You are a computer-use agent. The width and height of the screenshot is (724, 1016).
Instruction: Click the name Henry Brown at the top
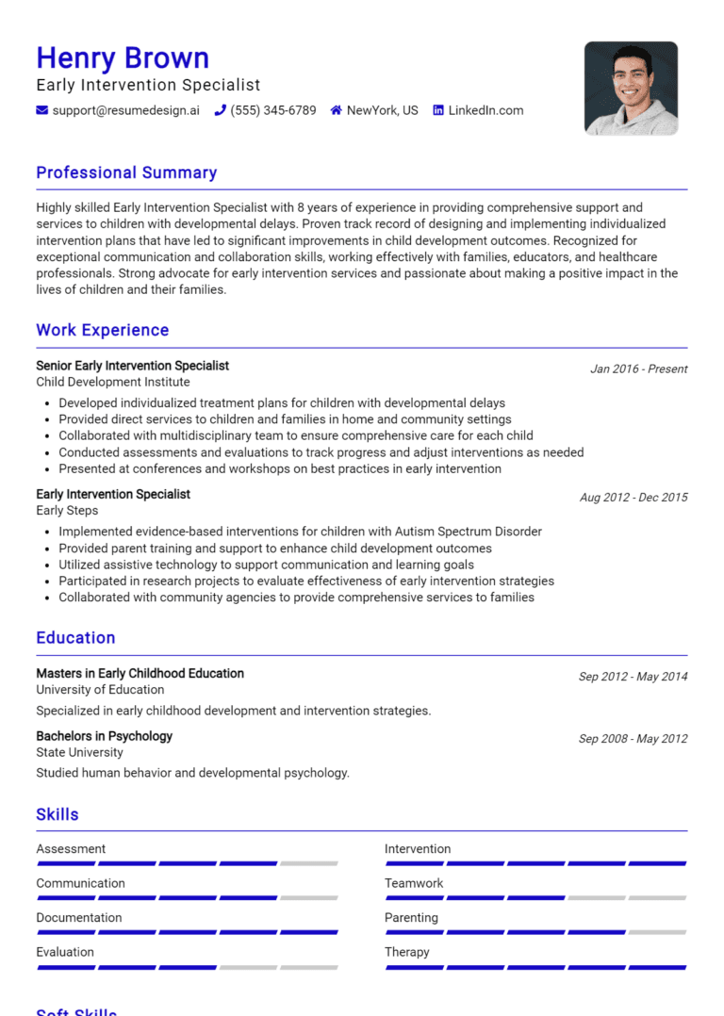point(123,58)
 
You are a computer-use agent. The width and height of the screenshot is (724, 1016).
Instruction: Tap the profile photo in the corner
point(631,88)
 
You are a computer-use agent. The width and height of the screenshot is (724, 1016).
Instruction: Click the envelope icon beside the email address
point(42,110)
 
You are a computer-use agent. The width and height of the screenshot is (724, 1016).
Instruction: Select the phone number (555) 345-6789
point(273,110)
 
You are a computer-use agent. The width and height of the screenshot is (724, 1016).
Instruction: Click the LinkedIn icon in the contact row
point(438,110)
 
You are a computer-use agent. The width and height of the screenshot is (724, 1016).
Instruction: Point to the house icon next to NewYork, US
point(336,110)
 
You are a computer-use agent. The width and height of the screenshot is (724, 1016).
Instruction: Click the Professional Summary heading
point(126,172)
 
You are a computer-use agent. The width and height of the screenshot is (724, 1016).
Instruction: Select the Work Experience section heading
point(103,330)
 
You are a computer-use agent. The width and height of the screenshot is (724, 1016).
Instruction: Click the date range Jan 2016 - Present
point(638,369)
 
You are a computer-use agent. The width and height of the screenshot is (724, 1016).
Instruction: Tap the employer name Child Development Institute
point(113,382)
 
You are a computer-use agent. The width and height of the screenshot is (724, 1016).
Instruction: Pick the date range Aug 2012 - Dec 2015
point(633,498)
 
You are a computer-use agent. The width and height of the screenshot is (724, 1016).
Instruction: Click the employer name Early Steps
point(67,510)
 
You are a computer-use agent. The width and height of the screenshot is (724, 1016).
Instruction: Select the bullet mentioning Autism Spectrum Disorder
point(300,532)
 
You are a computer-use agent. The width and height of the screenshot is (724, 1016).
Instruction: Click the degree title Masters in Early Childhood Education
point(140,674)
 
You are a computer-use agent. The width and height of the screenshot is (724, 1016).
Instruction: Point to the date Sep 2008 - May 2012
point(633,739)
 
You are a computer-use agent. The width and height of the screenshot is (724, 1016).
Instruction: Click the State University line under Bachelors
point(79,752)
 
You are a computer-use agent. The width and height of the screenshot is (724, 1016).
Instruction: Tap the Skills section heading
point(58,814)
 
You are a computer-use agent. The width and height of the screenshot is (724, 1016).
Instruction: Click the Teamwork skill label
point(413,883)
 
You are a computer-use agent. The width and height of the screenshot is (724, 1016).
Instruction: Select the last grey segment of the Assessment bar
point(308,863)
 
